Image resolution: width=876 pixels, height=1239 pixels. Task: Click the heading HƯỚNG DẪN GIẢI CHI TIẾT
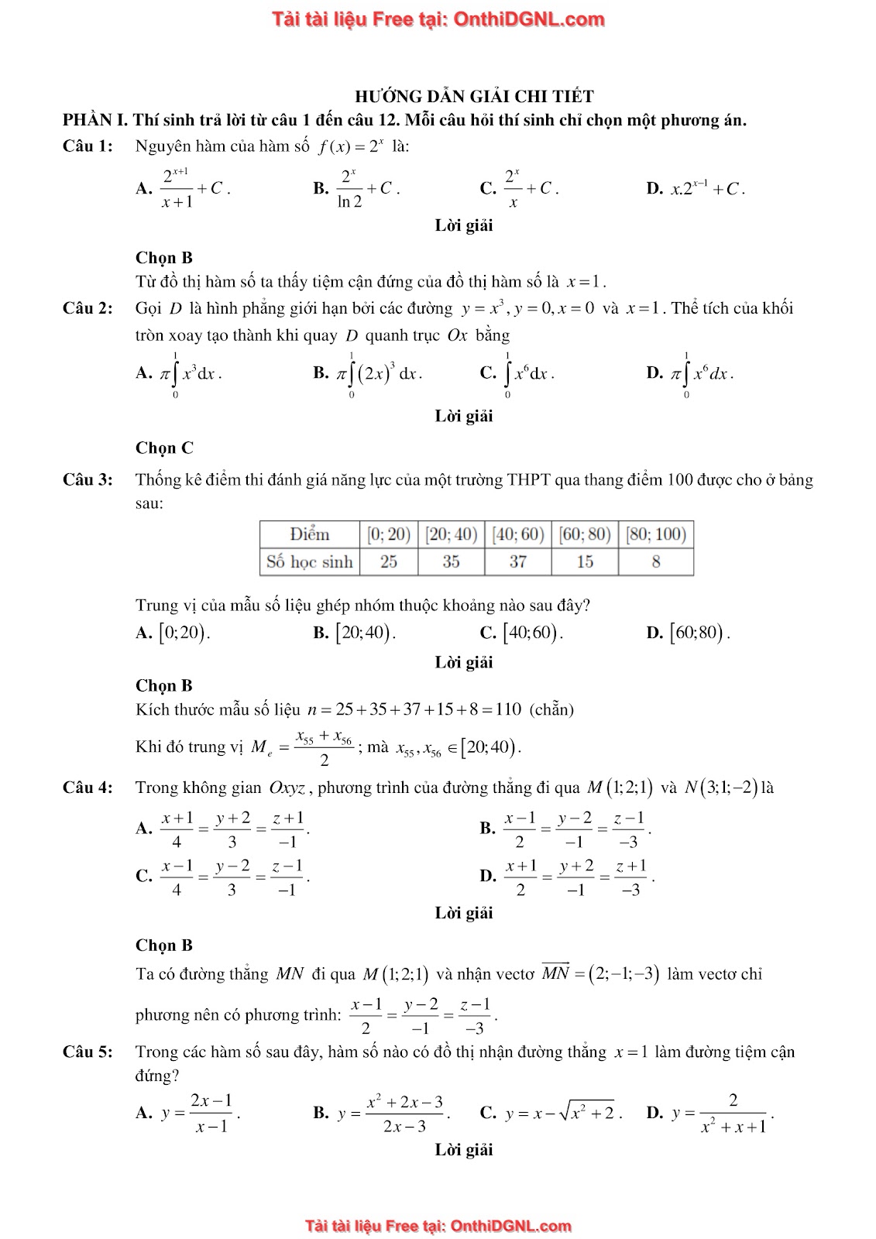click(x=474, y=97)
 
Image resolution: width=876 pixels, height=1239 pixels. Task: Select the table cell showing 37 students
click(x=517, y=562)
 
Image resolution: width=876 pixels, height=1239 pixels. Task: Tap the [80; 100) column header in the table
click(x=655, y=534)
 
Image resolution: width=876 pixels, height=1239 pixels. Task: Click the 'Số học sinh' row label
click(x=309, y=562)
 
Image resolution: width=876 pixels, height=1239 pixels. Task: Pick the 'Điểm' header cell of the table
click(x=309, y=534)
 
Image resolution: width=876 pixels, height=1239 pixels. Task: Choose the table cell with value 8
click(x=655, y=562)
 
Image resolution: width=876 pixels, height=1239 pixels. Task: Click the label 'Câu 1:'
click(x=88, y=146)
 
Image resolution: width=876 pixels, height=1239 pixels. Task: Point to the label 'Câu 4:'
click(x=88, y=788)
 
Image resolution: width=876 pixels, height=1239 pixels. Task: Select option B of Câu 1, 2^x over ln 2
click(x=356, y=188)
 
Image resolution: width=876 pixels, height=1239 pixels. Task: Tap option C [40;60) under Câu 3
click(x=521, y=633)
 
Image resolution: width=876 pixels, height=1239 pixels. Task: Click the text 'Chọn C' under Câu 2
click(x=164, y=448)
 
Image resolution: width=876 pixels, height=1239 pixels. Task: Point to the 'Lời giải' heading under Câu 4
click(x=463, y=913)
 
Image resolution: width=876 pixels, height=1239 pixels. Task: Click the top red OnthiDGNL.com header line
click(x=438, y=19)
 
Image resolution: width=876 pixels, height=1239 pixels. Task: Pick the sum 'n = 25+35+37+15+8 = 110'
click(x=414, y=709)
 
